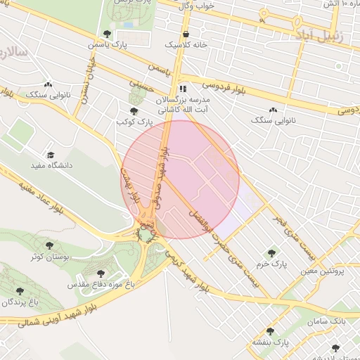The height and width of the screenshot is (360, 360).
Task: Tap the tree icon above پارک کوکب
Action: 134,110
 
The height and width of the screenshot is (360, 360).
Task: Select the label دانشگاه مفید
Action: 47,166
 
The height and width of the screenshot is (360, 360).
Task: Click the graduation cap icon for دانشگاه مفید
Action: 50,155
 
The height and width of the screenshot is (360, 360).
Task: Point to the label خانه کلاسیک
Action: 184,44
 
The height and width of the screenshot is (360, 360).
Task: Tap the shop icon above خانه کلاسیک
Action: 186,33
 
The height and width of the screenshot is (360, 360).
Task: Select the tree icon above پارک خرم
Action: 271,253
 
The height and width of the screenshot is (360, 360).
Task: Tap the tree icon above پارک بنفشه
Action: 270,331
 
